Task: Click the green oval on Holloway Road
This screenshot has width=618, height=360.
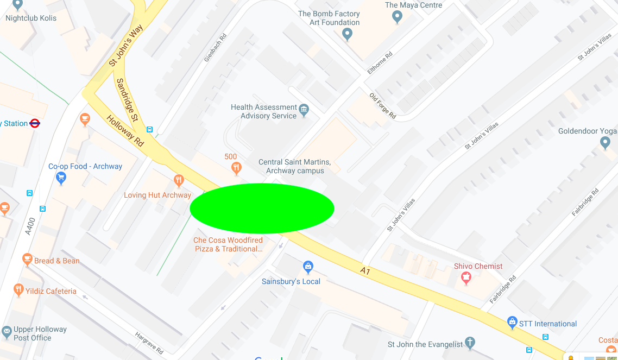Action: click(262, 209)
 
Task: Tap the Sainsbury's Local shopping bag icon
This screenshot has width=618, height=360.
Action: click(308, 267)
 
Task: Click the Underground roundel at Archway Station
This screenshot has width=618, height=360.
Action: click(35, 123)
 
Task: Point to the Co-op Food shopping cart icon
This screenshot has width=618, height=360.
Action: click(61, 177)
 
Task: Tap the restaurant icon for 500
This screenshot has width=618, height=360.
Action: click(236, 168)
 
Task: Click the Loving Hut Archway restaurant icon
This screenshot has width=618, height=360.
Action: click(179, 180)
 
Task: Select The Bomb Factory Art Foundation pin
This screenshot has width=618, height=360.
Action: click(348, 35)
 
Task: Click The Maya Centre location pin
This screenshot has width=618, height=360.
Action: click(397, 17)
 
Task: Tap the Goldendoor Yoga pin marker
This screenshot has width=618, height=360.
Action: click(606, 143)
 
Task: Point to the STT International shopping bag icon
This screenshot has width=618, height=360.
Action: click(512, 323)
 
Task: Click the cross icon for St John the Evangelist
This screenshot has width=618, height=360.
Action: click(470, 343)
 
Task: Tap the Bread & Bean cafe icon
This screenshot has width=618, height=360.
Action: click(27, 260)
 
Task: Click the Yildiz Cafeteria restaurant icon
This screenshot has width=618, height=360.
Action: click(18, 290)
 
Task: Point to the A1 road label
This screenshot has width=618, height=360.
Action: click(365, 270)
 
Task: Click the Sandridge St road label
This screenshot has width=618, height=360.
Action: click(128, 100)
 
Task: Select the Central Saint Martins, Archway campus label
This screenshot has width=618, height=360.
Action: click(295, 166)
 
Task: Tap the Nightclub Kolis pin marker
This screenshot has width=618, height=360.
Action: click(18, 5)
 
